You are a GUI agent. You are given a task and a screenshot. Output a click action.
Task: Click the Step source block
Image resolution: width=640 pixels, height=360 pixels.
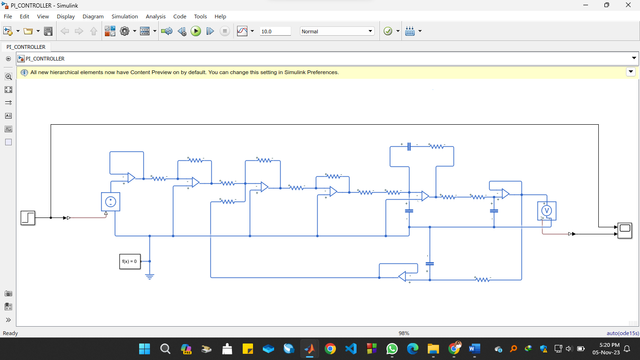(x=28, y=217)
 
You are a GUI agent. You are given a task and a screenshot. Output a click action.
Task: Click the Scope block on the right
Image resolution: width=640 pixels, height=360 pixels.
(x=625, y=229)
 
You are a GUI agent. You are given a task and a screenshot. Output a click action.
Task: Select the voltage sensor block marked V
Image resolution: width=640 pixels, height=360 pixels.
(x=546, y=211)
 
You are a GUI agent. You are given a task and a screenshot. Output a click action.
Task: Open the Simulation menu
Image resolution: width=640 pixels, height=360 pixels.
(x=125, y=17)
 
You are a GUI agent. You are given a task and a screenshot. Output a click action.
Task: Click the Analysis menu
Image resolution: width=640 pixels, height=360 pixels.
(x=155, y=17)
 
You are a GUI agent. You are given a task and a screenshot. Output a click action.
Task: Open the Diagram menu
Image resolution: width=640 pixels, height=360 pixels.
(x=93, y=17)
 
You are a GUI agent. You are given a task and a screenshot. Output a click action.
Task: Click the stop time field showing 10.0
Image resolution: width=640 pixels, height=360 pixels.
(x=274, y=31)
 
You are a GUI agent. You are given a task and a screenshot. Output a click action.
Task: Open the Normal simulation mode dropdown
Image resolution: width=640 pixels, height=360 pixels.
(x=336, y=31)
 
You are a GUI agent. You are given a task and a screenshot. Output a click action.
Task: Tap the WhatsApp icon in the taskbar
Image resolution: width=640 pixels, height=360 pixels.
(x=392, y=349)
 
